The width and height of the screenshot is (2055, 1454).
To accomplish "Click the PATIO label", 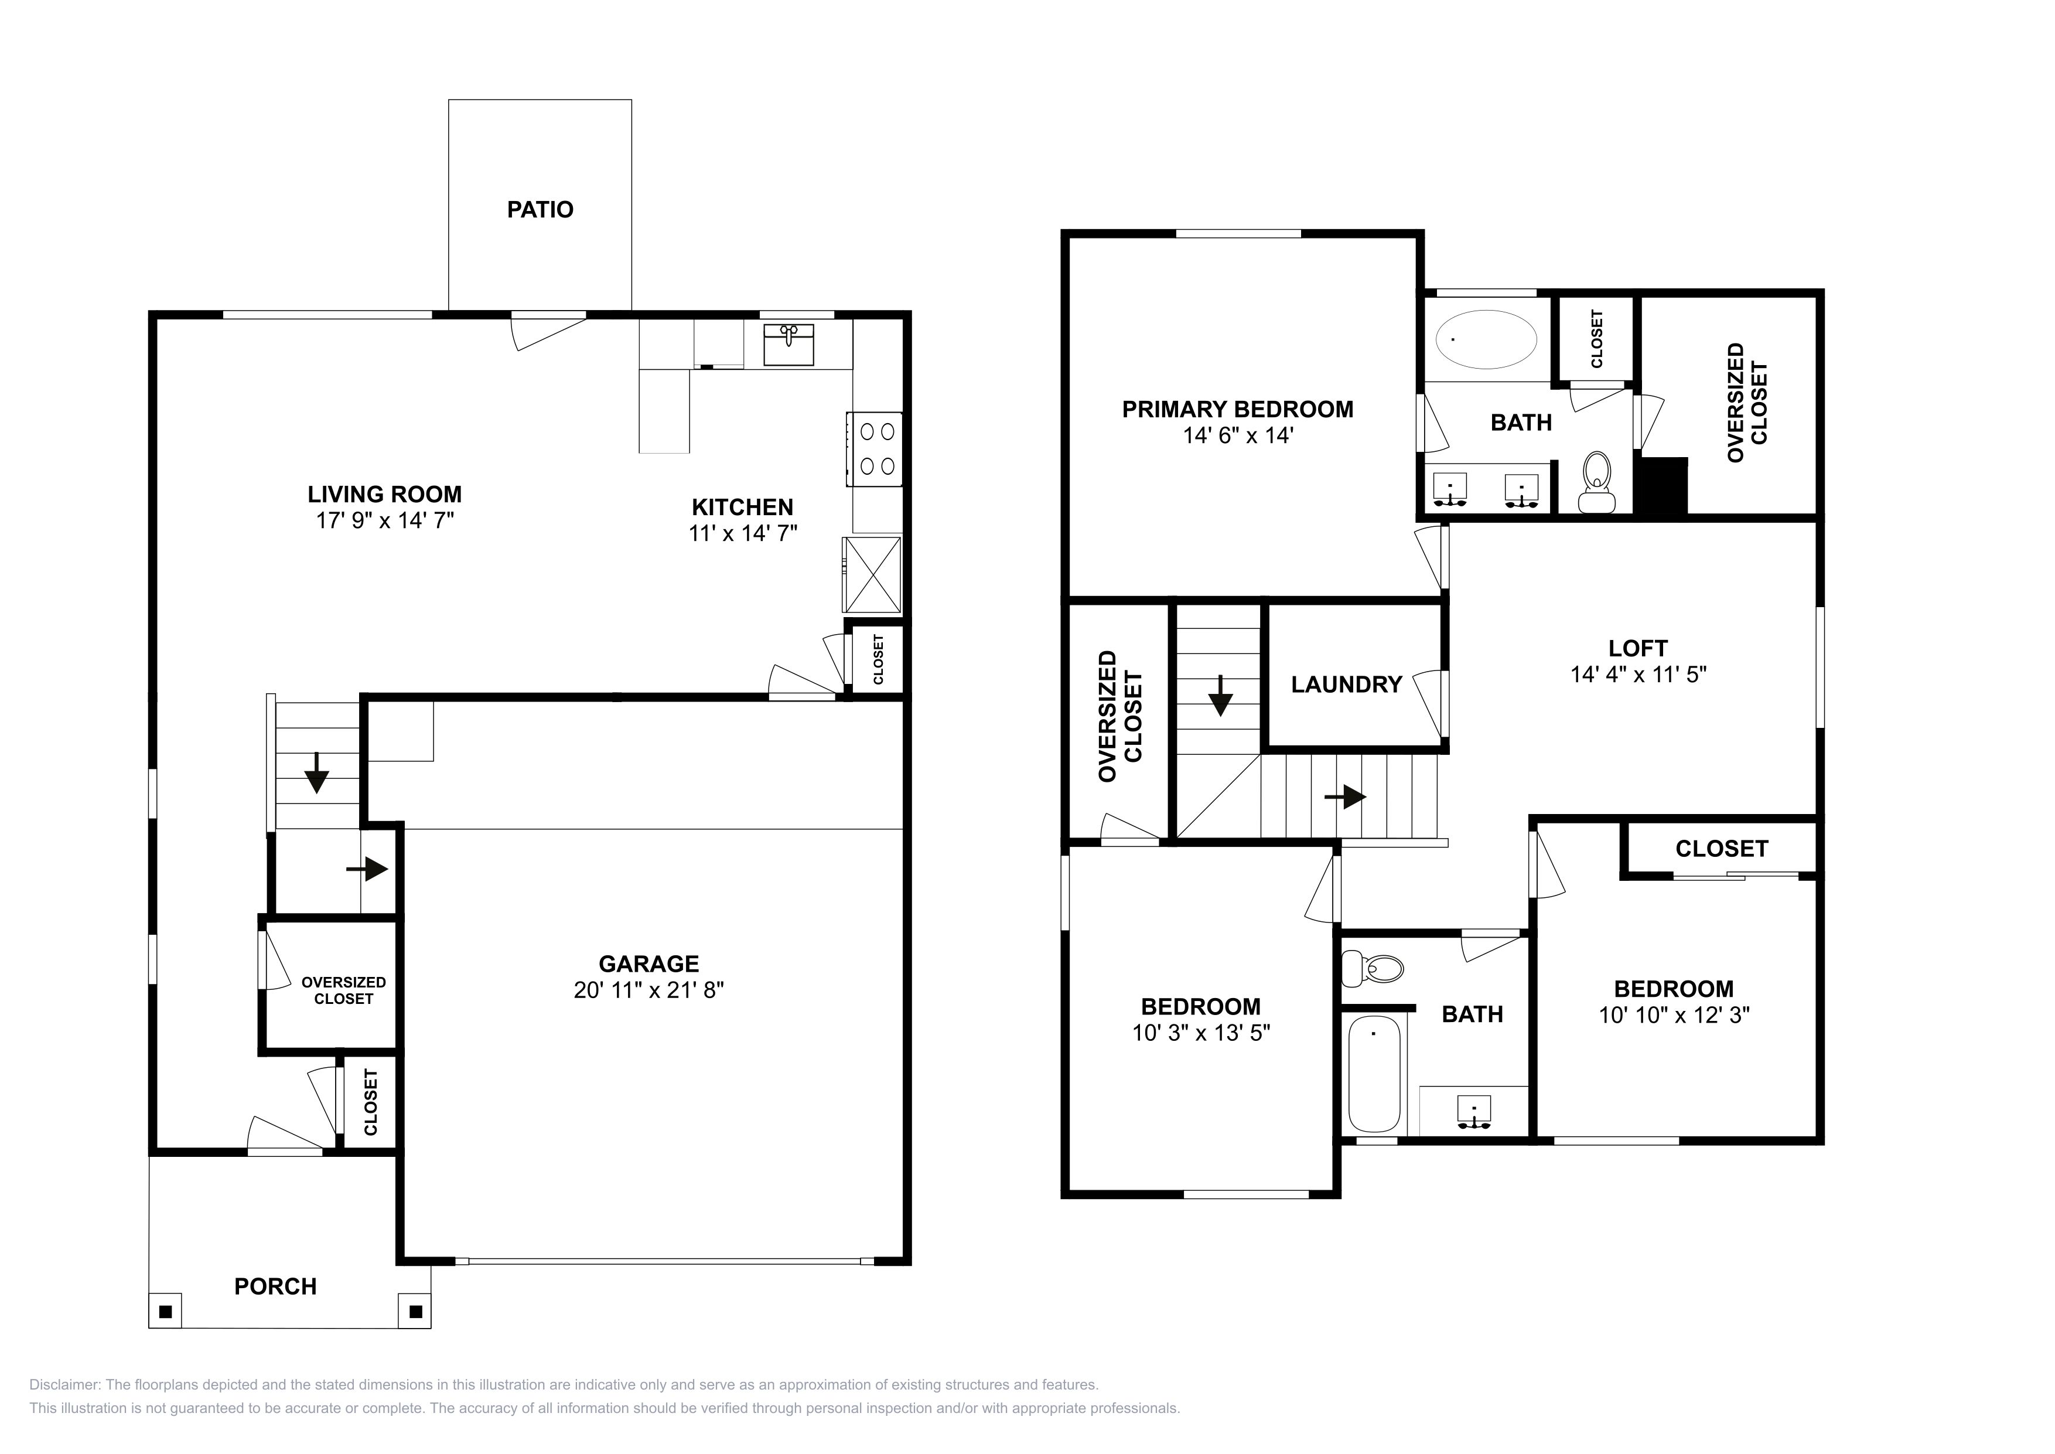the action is point(540,209).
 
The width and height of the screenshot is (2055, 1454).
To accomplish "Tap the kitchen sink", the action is point(788,345).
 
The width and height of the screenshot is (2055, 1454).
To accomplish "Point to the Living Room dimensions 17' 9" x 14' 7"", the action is point(385,520).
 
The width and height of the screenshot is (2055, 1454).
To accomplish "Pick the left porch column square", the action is point(165,1312).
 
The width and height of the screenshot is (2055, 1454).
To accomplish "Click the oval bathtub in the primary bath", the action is point(1486,339).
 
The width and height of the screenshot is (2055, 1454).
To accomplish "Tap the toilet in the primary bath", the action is point(1595,482).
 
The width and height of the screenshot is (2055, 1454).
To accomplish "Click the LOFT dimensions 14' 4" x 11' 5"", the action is point(1638,674).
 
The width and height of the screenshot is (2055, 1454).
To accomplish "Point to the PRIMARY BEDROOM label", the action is point(1238,409).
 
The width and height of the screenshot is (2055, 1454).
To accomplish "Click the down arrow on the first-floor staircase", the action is point(316,772).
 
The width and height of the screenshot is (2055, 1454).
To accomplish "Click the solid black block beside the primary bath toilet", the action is point(1661,486).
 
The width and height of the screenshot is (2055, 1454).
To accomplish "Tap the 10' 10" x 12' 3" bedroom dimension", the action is point(1674,1015).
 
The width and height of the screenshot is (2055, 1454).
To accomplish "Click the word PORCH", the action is point(276,1286).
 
